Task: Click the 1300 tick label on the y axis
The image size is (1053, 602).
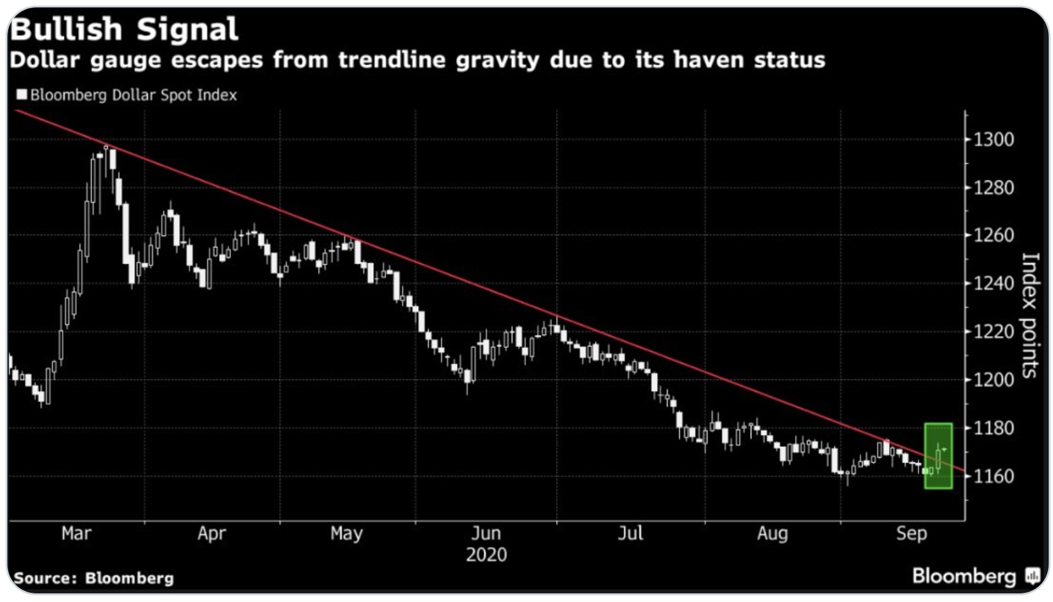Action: tap(993, 139)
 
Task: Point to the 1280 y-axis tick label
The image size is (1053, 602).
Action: tap(993, 187)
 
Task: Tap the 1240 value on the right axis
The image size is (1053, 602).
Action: tap(993, 283)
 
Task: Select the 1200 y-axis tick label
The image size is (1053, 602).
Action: tap(993, 379)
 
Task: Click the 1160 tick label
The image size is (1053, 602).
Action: tap(993, 476)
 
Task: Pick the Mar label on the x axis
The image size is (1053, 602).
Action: tap(76, 533)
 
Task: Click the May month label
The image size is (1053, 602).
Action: tap(346, 533)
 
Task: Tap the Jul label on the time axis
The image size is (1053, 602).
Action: tap(630, 533)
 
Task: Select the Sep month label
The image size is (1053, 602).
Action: tap(911, 533)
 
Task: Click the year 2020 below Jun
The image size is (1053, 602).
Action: tap(486, 555)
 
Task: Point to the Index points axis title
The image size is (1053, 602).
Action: tap(1030, 315)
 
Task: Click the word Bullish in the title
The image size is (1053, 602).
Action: tap(67, 30)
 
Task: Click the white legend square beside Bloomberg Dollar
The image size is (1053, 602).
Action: tap(22, 94)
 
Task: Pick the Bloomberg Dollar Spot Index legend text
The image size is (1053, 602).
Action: tap(134, 95)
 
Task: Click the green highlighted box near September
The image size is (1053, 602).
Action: tap(938, 456)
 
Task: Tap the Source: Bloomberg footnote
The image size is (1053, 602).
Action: tap(94, 578)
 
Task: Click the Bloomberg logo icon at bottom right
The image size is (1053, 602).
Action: tap(1033, 576)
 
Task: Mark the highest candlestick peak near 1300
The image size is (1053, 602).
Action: tap(106, 146)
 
